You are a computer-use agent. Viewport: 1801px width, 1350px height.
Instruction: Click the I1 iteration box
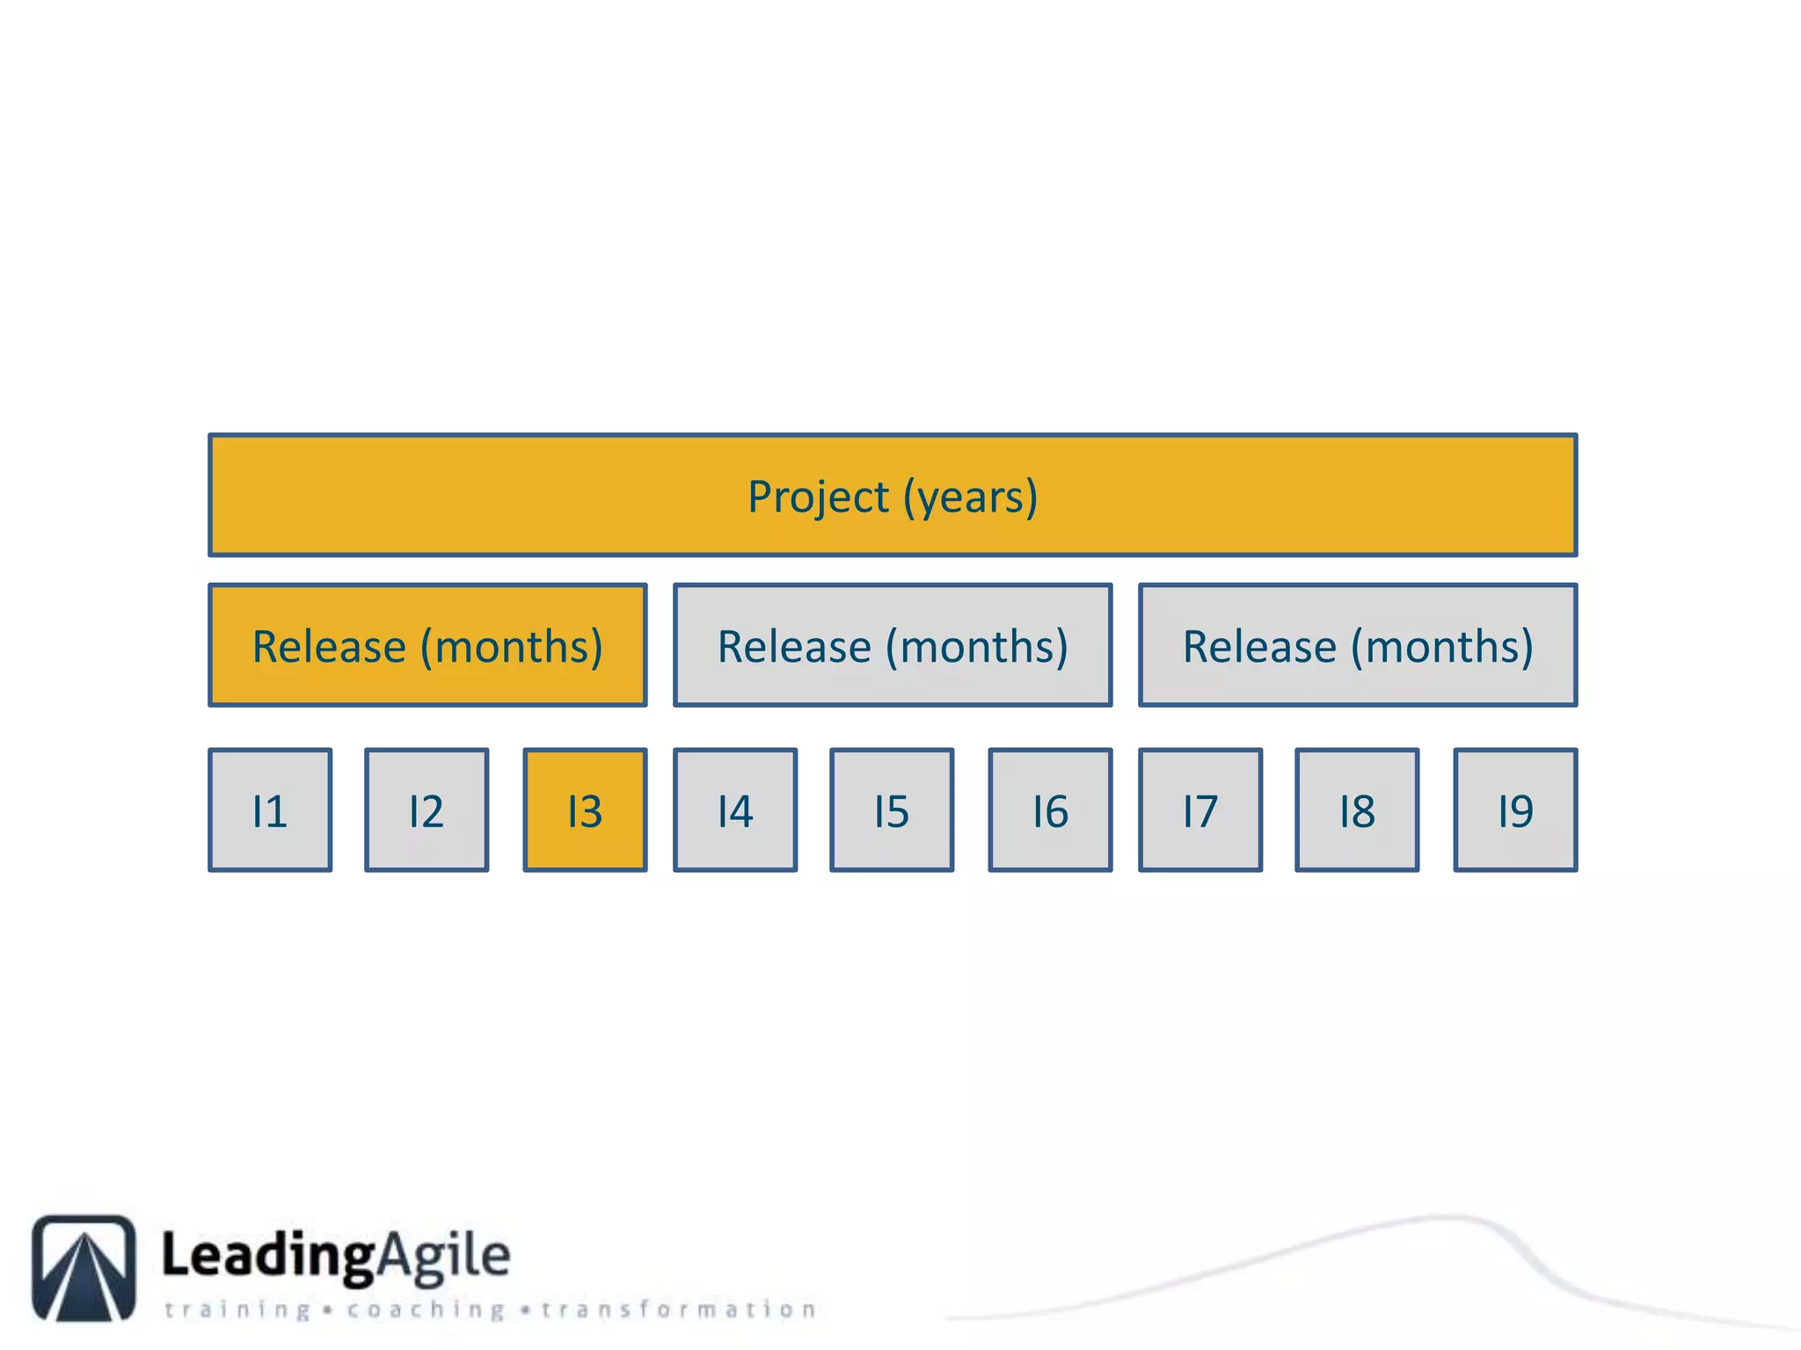(x=270, y=809)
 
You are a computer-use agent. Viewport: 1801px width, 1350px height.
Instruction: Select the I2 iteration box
(x=427, y=809)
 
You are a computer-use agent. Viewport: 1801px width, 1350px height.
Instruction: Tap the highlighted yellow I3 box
(x=585, y=809)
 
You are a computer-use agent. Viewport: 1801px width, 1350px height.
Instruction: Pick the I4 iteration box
(x=735, y=809)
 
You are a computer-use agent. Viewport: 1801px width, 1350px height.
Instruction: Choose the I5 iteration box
(x=892, y=809)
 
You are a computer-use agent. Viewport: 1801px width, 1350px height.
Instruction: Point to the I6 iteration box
(x=1050, y=809)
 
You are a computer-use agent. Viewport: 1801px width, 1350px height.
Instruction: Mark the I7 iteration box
(x=1200, y=809)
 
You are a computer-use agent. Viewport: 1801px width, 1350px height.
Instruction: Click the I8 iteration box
(x=1357, y=809)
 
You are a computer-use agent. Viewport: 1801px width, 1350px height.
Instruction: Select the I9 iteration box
(x=1515, y=809)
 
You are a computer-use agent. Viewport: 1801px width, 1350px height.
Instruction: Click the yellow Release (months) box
(x=427, y=645)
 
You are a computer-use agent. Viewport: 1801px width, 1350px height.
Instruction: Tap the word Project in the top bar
(x=818, y=497)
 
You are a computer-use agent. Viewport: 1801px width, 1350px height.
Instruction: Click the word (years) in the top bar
(x=971, y=497)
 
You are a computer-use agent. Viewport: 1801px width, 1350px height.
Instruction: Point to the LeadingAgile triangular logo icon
(x=84, y=1267)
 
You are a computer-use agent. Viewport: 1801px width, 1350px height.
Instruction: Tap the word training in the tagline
(x=237, y=1310)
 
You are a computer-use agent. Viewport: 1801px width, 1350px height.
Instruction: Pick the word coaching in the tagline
(x=426, y=1310)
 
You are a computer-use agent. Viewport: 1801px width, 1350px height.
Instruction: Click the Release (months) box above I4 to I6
(x=893, y=645)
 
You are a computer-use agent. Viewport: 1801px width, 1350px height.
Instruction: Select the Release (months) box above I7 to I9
(x=1358, y=645)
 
